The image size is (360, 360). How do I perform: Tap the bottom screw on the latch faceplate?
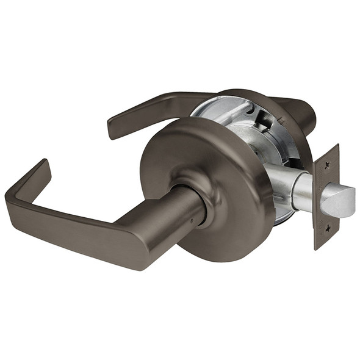click(x=327, y=228)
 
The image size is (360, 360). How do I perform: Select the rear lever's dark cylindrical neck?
click(x=305, y=113)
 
